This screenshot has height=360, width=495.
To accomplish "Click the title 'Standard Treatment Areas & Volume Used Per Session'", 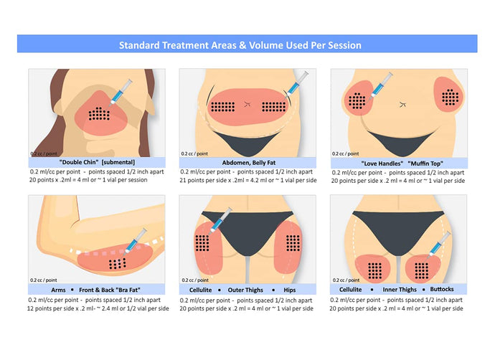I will [240, 45].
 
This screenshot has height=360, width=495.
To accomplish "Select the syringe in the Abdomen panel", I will [296, 82].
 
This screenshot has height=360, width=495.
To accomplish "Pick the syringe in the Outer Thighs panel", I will [220, 217].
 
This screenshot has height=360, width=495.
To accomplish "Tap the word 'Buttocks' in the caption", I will [445, 289].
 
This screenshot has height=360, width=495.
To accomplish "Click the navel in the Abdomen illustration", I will [248, 103].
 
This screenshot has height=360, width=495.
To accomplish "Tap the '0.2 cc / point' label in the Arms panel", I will [43, 280].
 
